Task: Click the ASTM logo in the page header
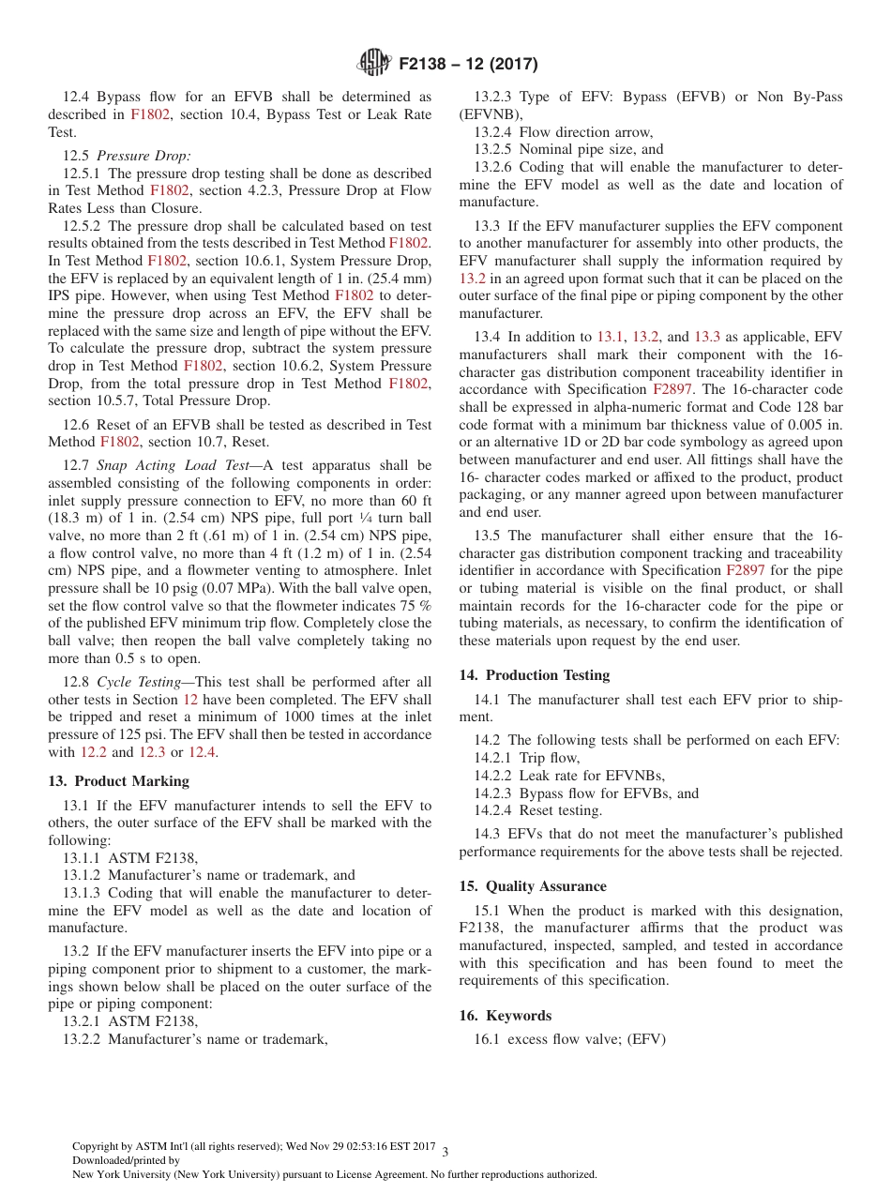click(373, 63)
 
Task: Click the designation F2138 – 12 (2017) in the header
click(468, 64)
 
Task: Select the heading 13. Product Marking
click(118, 781)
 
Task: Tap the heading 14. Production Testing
click(534, 675)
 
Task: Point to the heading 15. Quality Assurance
click(532, 886)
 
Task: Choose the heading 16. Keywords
click(505, 1016)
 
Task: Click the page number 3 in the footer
click(445, 1152)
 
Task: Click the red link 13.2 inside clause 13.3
click(472, 279)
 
